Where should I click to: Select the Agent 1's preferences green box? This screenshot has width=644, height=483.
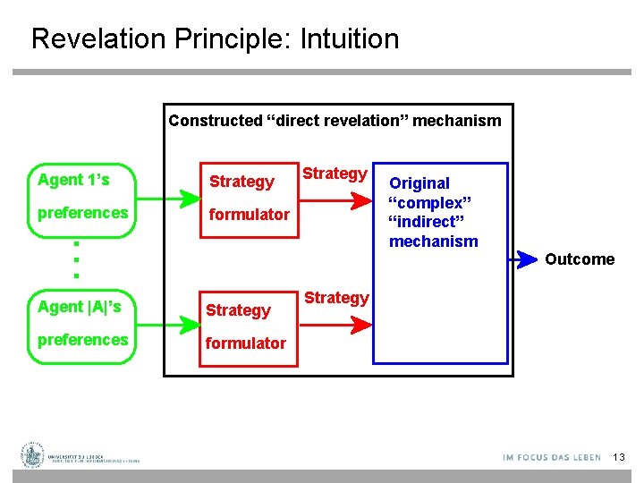[x=82, y=199]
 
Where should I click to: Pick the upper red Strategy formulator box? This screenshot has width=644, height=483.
[x=249, y=199]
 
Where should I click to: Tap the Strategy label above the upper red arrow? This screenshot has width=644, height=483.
[x=335, y=174]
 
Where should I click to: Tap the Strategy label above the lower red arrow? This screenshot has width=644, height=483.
[x=336, y=298]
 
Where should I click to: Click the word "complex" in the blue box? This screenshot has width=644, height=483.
[x=428, y=202]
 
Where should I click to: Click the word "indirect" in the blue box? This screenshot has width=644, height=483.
[x=429, y=222]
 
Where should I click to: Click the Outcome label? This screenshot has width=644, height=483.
[x=580, y=259]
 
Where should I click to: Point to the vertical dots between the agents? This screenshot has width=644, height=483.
[x=77, y=259]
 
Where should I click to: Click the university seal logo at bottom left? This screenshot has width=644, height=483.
[x=34, y=455]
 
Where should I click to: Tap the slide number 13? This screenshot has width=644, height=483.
[x=619, y=458]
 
